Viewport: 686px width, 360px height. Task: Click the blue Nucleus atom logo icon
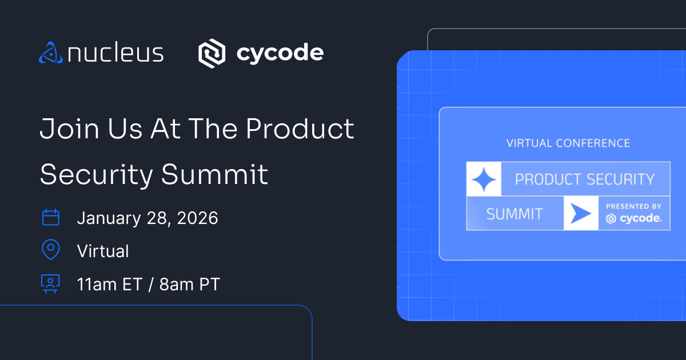51,53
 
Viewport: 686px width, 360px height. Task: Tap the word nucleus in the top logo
115,53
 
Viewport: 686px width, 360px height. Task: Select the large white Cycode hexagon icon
212,53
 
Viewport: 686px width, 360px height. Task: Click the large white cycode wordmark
280,54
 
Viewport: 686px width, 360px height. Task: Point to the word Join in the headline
70,129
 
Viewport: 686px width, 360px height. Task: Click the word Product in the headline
300,129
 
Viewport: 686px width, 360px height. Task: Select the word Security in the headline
97,175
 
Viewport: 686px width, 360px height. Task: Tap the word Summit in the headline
215,174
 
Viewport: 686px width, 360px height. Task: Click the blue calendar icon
50,217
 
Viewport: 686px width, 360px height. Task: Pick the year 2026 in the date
198,218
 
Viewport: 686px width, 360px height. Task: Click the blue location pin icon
50,250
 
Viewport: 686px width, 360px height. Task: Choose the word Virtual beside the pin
103,251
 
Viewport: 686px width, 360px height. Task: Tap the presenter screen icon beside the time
50,284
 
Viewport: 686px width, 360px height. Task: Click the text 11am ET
110,284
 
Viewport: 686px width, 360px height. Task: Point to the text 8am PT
190,284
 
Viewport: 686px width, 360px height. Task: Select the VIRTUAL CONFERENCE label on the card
568,143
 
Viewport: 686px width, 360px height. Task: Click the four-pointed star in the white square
484,179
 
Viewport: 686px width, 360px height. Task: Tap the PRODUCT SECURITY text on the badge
585,179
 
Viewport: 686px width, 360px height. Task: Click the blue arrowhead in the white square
581,213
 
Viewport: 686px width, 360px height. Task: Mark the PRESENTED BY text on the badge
633,206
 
